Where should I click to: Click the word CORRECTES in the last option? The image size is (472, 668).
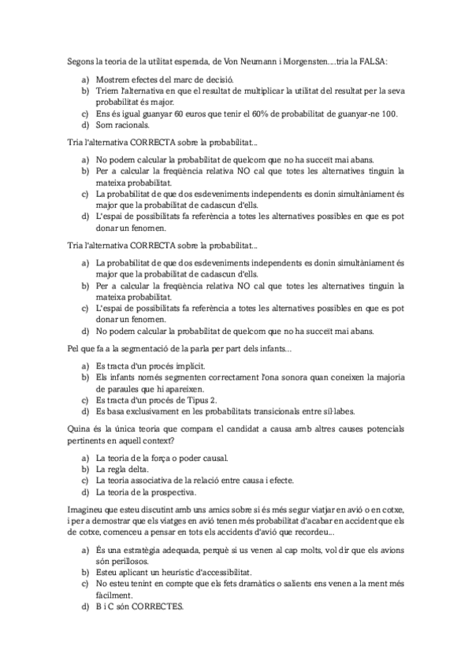coord(157,607)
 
